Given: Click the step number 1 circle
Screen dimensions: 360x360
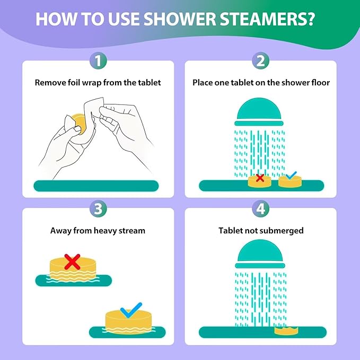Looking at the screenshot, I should coord(98,60).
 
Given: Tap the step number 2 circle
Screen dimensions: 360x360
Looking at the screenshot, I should coord(260,60).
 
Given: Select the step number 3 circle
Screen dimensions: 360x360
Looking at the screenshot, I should coord(98,208).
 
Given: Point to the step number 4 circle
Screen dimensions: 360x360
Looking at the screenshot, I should coord(260,208).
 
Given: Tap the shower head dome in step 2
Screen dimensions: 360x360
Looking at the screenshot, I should coord(259,110).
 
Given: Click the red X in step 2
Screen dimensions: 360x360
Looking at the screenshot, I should coord(260,178).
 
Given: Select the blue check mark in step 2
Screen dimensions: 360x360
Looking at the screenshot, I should coord(291,175).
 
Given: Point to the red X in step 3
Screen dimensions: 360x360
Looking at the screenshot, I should coord(73,260).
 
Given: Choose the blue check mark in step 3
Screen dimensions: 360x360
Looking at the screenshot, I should coord(130,310).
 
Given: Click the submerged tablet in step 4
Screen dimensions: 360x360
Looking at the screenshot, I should coord(285,331).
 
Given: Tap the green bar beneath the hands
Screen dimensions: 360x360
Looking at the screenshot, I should coord(96,186).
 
